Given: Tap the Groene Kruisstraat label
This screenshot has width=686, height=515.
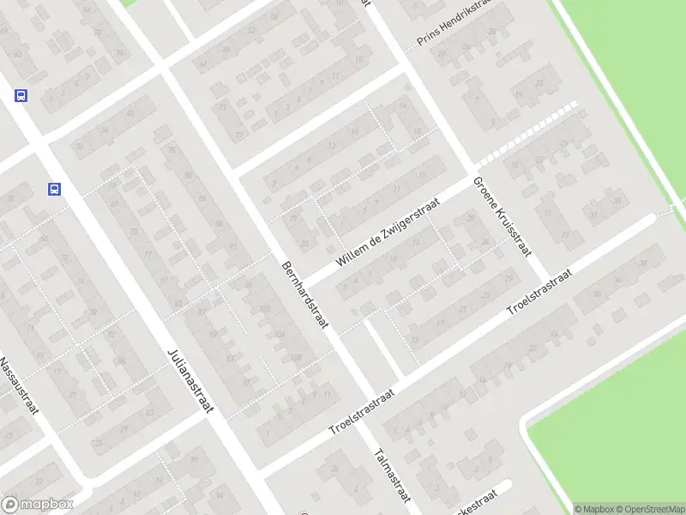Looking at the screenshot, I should (x=502, y=218).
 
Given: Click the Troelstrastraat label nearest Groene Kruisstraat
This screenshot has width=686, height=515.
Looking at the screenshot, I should (x=540, y=290).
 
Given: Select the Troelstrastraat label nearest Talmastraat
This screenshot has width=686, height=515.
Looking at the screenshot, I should (x=362, y=413).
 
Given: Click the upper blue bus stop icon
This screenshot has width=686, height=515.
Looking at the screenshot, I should (x=21, y=96).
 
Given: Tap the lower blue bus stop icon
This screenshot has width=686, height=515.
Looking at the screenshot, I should (x=54, y=190).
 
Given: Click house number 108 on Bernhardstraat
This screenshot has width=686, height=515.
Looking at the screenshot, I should (x=296, y=357).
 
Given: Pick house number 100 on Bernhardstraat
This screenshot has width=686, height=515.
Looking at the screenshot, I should (x=265, y=308).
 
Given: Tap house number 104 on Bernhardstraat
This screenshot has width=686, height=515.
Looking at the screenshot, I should (x=280, y=335).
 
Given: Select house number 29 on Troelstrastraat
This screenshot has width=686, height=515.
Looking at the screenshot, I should (x=508, y=279).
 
